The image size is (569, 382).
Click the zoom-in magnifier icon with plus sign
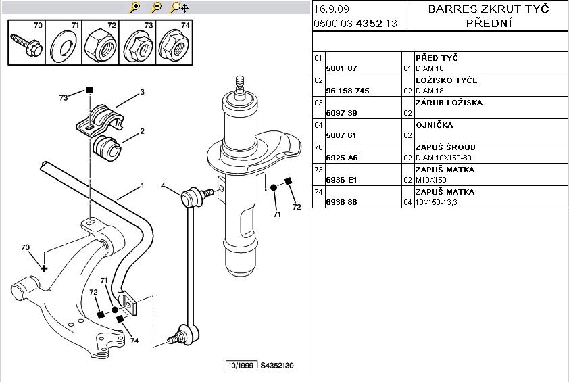tap(135, 7)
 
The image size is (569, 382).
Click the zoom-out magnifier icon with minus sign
tap(157, 7)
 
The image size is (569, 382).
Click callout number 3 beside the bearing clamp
tap(143, 92)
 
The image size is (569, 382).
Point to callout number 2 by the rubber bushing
tap(143, 131)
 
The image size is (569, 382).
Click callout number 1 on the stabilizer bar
tap(143, 185)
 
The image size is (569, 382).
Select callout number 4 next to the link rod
tap(163, 185)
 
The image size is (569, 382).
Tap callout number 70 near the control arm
tap(26, 247)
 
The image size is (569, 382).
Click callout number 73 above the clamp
tap(64, 98)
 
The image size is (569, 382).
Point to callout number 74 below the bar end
tap(134, 341)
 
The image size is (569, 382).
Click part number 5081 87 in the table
tap(341, 68)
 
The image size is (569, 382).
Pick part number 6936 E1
tap(341, 180)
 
